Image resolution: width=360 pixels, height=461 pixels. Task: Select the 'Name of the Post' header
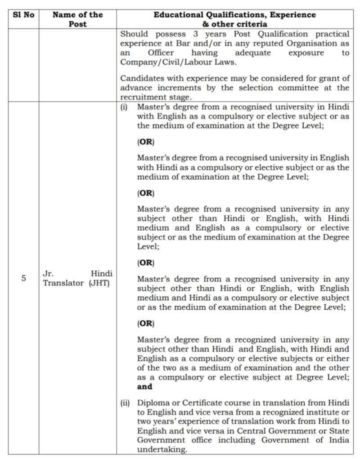(77, 19)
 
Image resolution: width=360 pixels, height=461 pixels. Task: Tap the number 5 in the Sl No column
(23, 278)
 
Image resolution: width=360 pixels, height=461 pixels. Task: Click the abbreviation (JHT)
(99, 283)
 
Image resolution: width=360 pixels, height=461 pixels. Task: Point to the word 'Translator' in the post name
(63, 283)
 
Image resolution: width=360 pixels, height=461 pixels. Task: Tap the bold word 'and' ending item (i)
(145, 386)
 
